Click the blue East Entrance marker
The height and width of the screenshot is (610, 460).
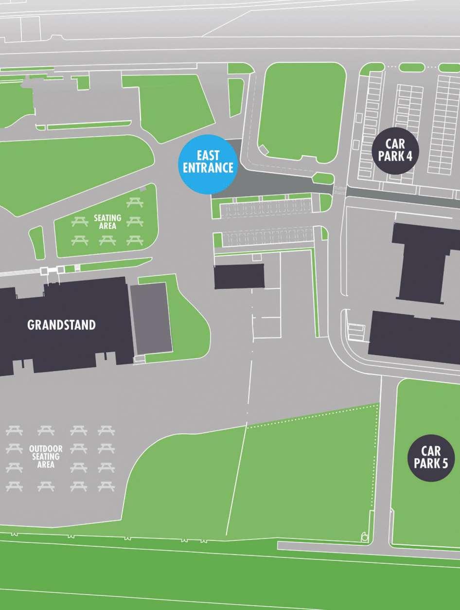[x=208, y=164]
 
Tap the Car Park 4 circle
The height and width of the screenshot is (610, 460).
[x=395, y=150]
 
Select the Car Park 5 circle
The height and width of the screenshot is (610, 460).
[x=431, y=458]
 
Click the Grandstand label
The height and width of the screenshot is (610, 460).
[x=61, y=325]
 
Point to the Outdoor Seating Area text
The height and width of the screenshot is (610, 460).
[x=45, y=456]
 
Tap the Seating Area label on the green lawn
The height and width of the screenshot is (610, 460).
[x=107, y=222]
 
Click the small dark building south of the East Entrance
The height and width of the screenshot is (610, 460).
[x=240, y=276]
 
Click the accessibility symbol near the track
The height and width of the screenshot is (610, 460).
[x=365, y=537]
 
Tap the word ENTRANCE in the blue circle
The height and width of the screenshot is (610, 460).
[x=208, y=168]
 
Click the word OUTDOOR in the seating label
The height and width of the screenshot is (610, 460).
[x=45, y=449]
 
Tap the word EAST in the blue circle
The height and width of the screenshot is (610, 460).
[x=208, y=156]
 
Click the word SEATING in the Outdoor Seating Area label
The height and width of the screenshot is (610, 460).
[x=45, y=456]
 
